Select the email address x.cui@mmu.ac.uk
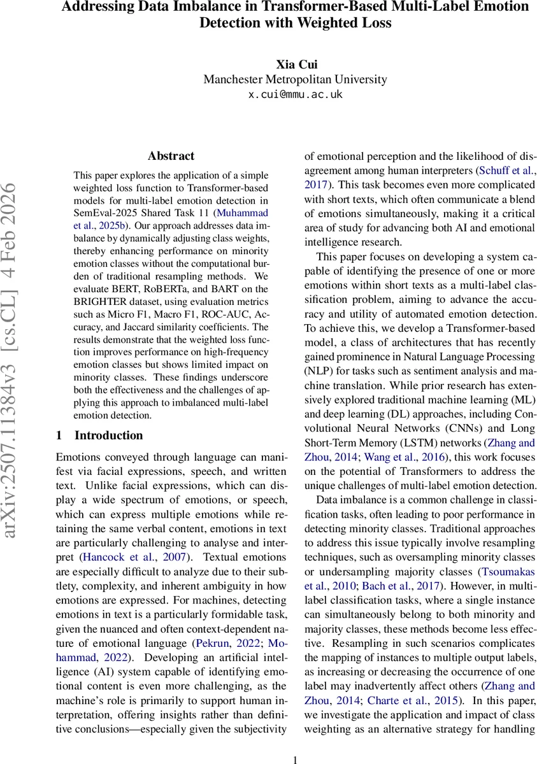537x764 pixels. point(295,94)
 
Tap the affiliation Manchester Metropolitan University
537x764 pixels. point(295,80)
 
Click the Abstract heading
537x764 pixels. point(171,156)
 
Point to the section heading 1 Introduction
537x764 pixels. point(99,435)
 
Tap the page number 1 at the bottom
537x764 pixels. point(295,759)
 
